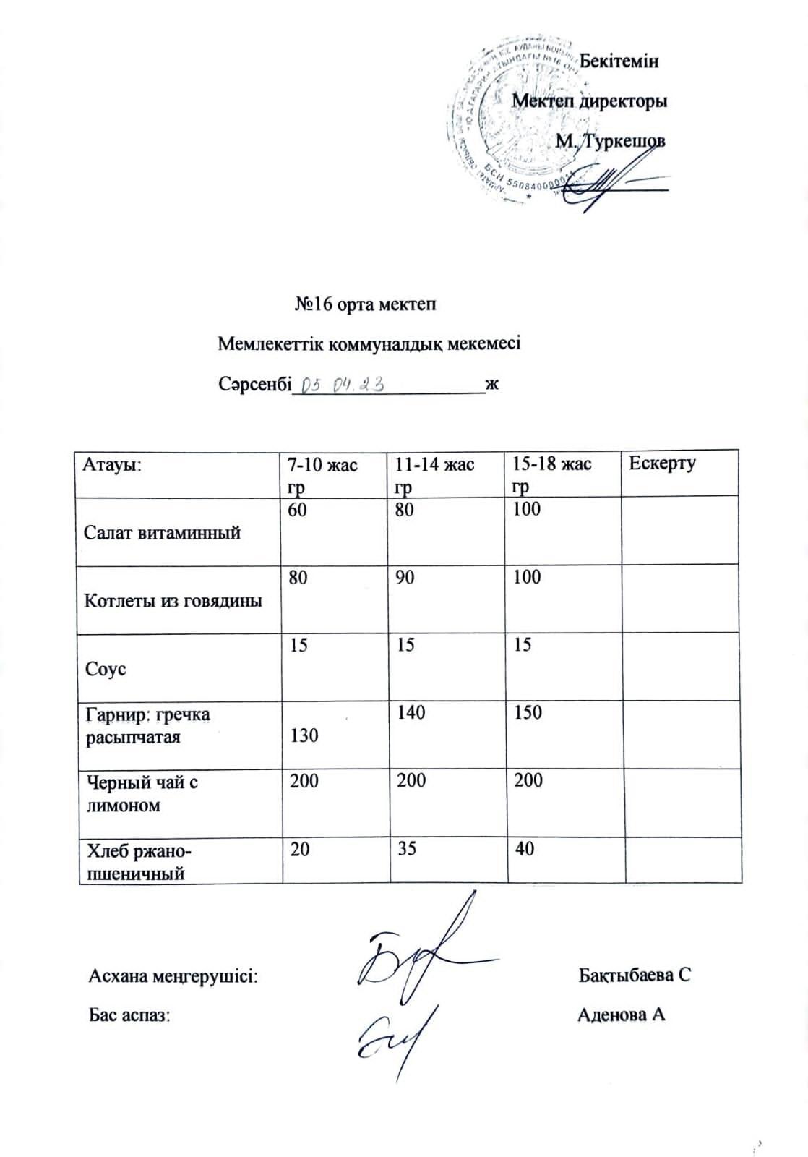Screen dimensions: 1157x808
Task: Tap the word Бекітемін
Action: tap(619, 61)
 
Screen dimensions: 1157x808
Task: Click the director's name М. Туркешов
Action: tap(610, 141)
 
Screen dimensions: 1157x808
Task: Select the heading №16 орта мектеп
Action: tap(366, 304)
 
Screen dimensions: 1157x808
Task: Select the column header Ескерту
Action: tap(662, 464)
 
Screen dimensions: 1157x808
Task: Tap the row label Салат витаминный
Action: tap(163, 533)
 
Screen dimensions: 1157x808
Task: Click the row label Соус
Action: tap(106, 669)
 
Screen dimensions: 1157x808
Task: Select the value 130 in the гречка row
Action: tap(304, 735)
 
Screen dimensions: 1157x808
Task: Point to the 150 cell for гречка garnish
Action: tap(528, 712)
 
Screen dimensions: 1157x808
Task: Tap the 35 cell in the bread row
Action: tap(407, 848)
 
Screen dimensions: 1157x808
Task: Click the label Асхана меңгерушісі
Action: tap(173, 976)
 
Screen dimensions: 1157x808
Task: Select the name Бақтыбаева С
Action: tap(635, 975)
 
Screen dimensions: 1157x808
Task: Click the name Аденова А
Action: tap(622, 1015)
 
